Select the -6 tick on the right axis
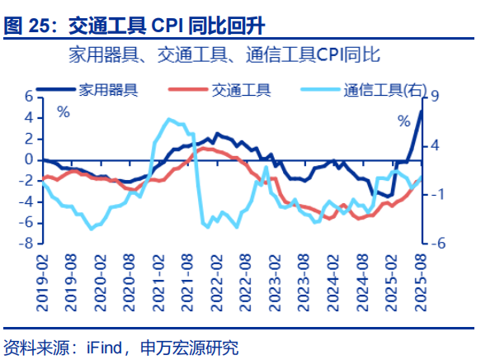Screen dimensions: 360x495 point(437,244)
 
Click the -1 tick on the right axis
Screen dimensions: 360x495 point(437,195)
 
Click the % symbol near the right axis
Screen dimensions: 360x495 point(403,121)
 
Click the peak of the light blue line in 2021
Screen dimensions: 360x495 point(170,120)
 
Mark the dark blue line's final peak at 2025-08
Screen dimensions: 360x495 point(421,111)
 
